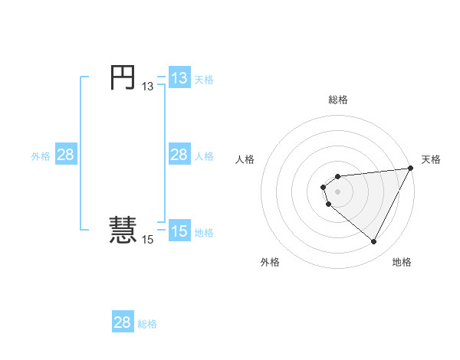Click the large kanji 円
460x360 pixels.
[x=122, y=77]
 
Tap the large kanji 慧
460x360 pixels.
[x=122, y=231]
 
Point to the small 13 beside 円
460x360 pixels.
[x=147, y=87]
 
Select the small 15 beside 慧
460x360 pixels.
[x=147, y=240]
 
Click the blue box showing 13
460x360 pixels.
[x=179, y=78]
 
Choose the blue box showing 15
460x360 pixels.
[x=179, y=231]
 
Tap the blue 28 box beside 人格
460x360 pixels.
[x=179, y=155]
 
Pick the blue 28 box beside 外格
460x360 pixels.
[x=66, y=155]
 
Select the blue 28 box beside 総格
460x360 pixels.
[x=123, y=322]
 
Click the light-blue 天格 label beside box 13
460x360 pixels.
[x=204, y=79]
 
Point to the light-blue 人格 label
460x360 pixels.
[x=204, y=155]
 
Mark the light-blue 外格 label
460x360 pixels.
[x=41, y=155]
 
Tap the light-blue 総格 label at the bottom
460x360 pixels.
[x=147, y=323]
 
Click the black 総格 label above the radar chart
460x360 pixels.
[x=337, y=100]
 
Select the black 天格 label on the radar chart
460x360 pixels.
[x=431, y=159]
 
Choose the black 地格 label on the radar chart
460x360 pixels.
[x=402, y=262]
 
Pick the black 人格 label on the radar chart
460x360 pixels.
[x=245, y=159]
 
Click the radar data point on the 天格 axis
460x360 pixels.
[x=409, y=169]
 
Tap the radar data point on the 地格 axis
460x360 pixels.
[x=374, y=242]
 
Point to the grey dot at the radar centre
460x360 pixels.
[x=337, y=191]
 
